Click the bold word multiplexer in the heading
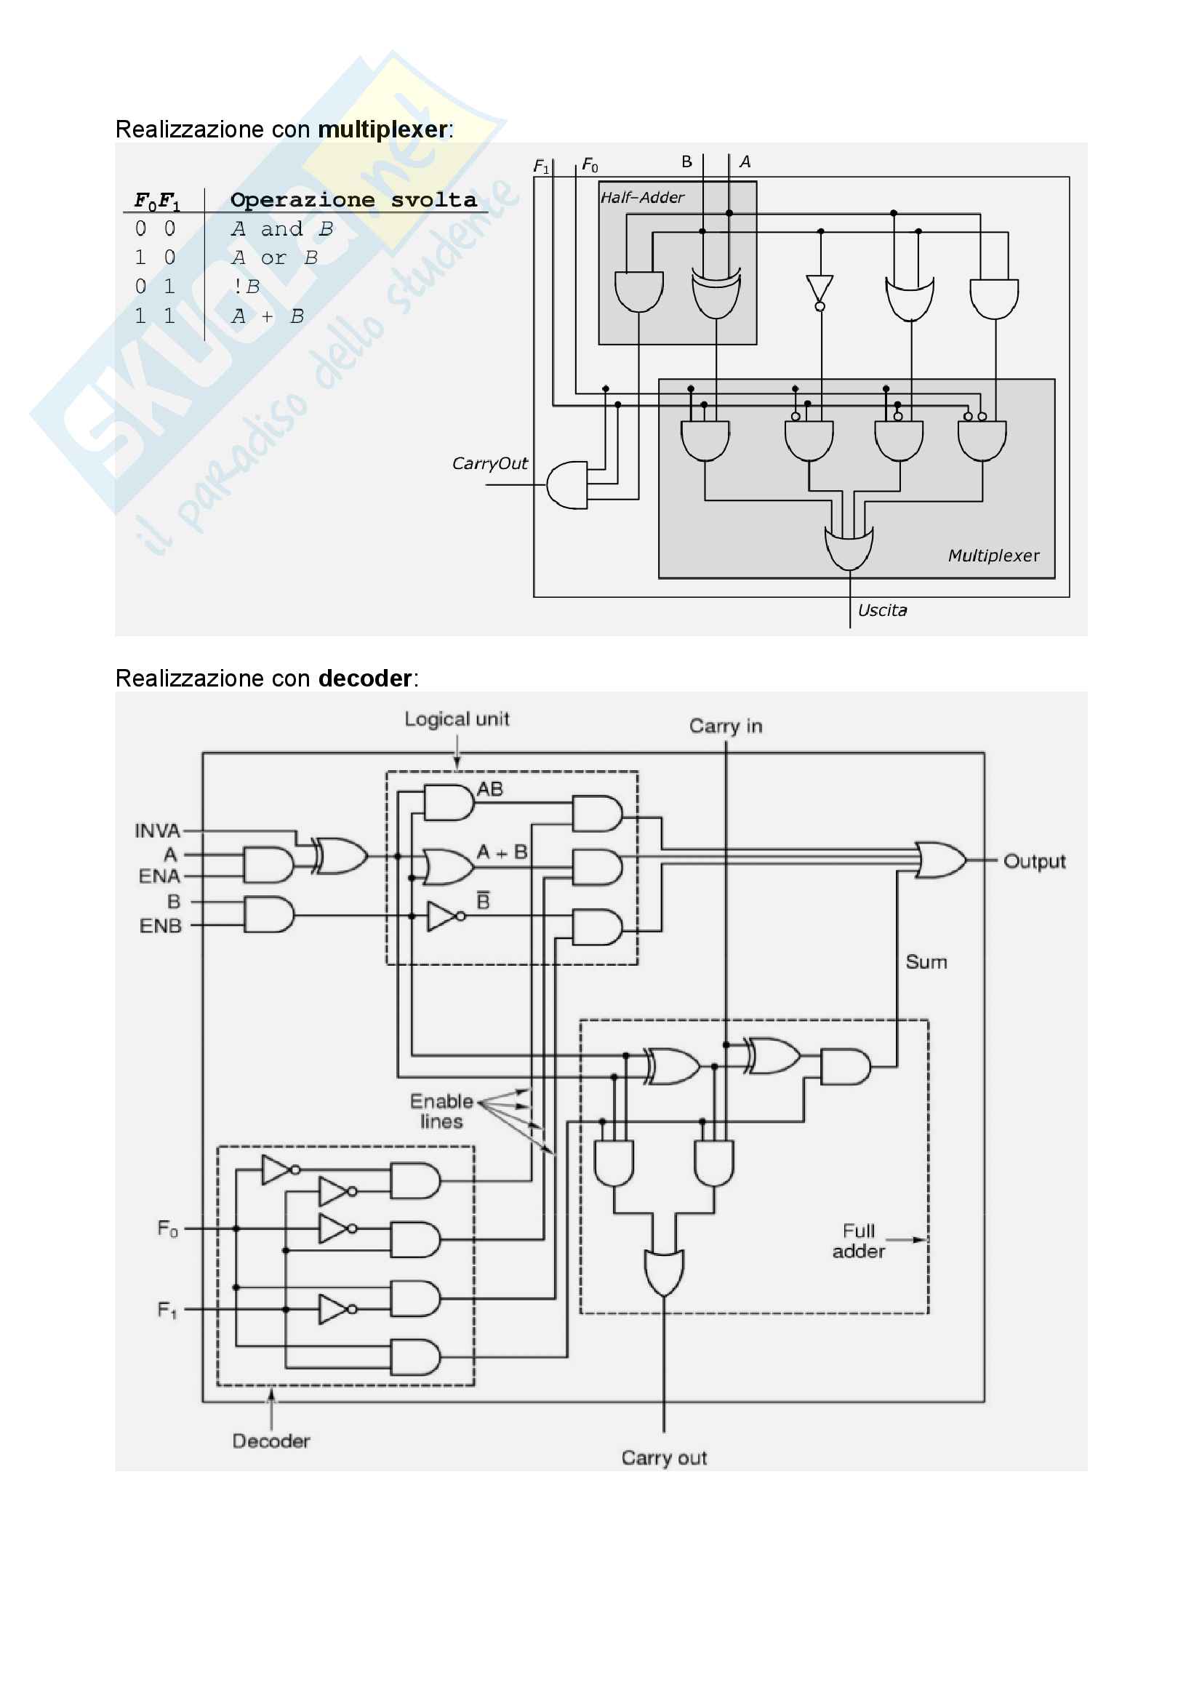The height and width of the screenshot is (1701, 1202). point(382,129)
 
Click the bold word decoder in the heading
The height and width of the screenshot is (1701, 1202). point(364,679)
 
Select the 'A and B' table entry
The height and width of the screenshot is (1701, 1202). point(281,229)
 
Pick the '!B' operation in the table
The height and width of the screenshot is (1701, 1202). point(246,287)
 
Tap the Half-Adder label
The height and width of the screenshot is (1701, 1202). point(642,198)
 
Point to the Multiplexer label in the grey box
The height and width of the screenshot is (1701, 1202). point(993,556)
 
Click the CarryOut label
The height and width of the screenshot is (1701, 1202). point(489,464)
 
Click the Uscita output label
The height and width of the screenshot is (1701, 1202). point(881,610)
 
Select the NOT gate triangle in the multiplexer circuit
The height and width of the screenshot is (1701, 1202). point(820,289)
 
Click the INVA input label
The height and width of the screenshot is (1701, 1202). point(157,831)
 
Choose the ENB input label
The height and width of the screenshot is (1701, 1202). point(160,926)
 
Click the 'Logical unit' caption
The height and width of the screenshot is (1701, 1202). point(456,719)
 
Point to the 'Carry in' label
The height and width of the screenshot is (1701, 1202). point(725,726)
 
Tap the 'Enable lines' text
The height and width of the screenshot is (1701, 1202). point(441,1111)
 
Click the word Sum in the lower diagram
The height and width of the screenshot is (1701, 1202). point(926,962)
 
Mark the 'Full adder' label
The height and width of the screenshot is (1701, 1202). point(858,1241)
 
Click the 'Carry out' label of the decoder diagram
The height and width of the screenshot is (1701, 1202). point(664,1458)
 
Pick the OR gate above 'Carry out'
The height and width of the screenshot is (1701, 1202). point(664,1273)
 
